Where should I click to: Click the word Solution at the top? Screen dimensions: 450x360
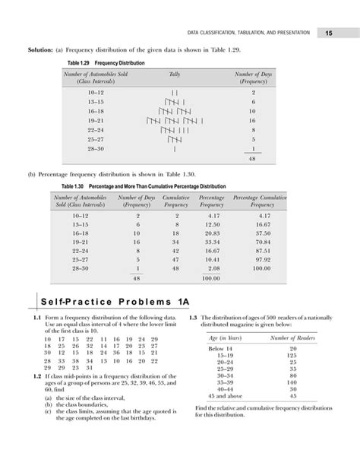[43, 49]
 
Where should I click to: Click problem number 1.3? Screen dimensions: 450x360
[194, 317]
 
